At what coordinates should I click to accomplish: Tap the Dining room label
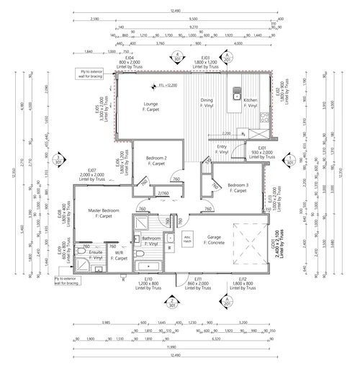click(207, 103)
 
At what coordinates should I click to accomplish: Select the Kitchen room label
click(250, 103)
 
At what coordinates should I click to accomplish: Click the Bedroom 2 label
click(157, 159)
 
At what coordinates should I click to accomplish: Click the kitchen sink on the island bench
click(236, 93)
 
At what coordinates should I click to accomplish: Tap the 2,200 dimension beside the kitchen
click(226, 133)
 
